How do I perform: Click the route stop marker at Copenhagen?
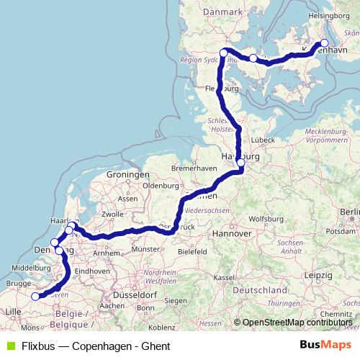click(x=324, y=43)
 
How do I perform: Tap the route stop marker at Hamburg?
click(x=240, y=163)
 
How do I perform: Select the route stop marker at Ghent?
click(x=35, y=296)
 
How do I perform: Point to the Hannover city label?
click(x=233, y=234)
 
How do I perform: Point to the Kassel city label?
click(x=224, y=277)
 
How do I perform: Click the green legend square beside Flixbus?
click(x=10, y=346)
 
